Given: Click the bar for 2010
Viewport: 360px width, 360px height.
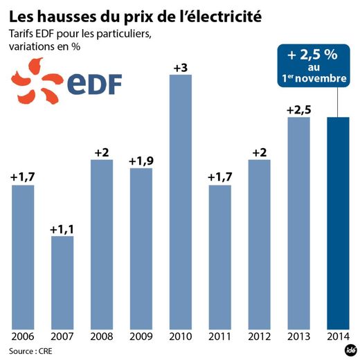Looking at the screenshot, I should pyautogui.click(x=180, y=201).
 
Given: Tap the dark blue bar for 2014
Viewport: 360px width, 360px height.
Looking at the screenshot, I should pyautogui.click(x=338, y=222).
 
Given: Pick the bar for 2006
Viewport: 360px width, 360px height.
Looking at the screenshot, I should pyautogui.click(x=22, y=256).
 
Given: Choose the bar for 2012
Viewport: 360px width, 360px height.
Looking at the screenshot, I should pyautogui.click(x=259, y=243).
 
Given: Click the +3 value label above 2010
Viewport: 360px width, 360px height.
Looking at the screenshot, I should pyautogui.click(x=180, y=67).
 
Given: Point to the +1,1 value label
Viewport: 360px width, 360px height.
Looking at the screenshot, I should pyautogui.click(x=62, y=229).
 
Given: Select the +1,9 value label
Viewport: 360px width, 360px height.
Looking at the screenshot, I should pyautogui.click(x=141, y=161).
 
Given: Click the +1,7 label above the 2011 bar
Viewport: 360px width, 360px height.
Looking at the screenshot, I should pyautogui.click(x=219, y=178).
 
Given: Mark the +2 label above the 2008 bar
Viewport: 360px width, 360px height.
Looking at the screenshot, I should pyautogui.click(x=101, y=152).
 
